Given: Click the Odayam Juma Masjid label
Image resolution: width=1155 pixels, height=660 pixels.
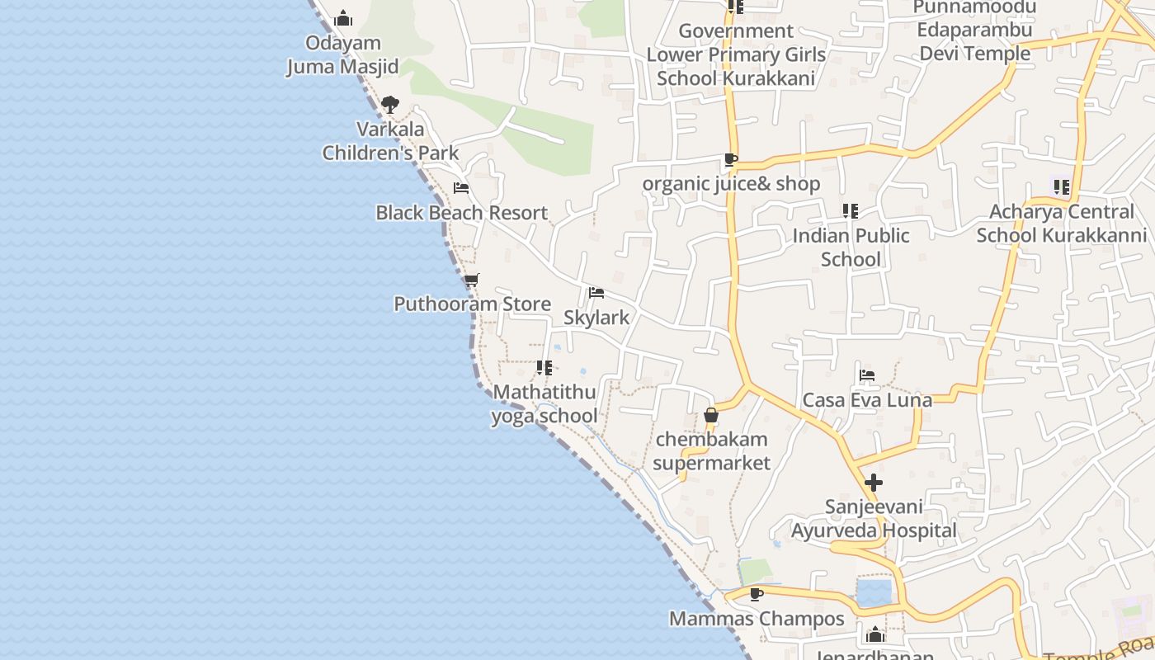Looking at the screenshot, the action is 342,54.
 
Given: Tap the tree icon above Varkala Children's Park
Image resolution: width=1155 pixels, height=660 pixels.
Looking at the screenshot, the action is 390,105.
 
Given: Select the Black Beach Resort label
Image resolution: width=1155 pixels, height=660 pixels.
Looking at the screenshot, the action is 461,213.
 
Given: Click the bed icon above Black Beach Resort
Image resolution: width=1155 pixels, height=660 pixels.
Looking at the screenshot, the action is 461,188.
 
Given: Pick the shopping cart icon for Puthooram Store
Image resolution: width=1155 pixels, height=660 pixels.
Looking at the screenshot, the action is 471,280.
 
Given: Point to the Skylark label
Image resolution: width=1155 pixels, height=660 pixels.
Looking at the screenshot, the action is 596,318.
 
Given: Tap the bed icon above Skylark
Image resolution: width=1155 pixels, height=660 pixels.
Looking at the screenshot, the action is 596,293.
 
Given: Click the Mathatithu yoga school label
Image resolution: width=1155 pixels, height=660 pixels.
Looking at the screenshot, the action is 544,403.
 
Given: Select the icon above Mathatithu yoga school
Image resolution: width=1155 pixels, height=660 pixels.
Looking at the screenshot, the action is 544,368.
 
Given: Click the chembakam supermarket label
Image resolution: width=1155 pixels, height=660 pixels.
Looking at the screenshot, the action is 711,450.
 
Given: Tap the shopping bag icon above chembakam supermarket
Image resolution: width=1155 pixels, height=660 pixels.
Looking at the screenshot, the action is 711,415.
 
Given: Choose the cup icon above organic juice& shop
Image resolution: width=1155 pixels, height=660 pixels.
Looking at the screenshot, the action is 730,159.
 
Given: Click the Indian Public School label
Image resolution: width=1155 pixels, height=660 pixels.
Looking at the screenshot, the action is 851,247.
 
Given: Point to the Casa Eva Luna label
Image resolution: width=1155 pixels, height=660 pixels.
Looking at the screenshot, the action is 867,400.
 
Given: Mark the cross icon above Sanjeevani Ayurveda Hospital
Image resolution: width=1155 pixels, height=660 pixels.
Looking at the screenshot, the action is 874,483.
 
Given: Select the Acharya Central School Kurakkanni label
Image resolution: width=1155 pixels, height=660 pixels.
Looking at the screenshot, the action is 1062,224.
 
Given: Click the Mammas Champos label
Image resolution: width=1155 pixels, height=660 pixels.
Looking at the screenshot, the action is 757,619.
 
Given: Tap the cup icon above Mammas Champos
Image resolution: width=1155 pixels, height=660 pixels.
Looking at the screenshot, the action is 757,594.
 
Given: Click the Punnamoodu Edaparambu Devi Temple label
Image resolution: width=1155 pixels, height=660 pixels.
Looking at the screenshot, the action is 974,31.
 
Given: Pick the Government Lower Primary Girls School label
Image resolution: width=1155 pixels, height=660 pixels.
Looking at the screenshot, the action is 736,54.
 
